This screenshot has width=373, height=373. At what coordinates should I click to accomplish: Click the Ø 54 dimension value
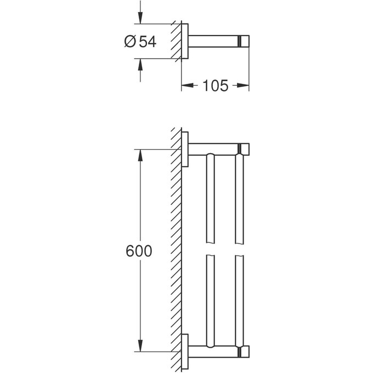click(x=140, y=41)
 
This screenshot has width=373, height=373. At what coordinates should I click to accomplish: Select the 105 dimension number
click(x=215, y=86)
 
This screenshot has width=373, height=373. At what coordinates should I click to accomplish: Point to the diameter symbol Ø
click(x=130, y=41)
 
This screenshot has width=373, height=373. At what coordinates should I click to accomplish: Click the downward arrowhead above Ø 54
click(x=140, y=18)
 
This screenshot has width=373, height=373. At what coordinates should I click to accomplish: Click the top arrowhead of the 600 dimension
click(x=140, y=155)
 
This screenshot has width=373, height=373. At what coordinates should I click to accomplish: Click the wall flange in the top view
click(x=185, y=41)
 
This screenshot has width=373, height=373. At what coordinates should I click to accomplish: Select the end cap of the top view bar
click(x=244, y=41)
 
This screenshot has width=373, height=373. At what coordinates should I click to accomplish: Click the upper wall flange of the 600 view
click(x=185, y=149)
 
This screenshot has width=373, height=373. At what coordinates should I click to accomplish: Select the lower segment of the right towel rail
click(x=239, y=299)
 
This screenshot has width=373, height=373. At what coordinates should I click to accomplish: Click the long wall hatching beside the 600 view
click(x=176, y=247)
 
